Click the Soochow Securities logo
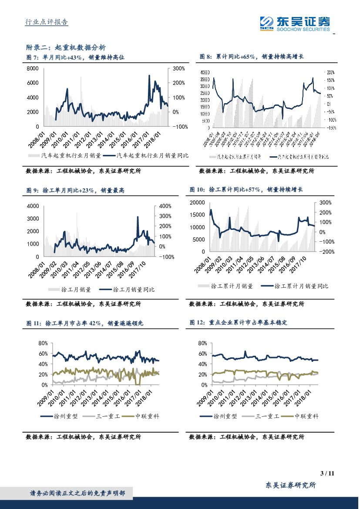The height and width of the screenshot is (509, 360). tap(295, 24)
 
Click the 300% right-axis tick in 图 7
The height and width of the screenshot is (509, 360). tap(179, 68)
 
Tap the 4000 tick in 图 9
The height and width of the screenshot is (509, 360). tap(33, 206)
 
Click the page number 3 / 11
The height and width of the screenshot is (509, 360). tap(326, 473)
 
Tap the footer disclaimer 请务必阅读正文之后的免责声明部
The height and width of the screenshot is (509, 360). tap(77, 493)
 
